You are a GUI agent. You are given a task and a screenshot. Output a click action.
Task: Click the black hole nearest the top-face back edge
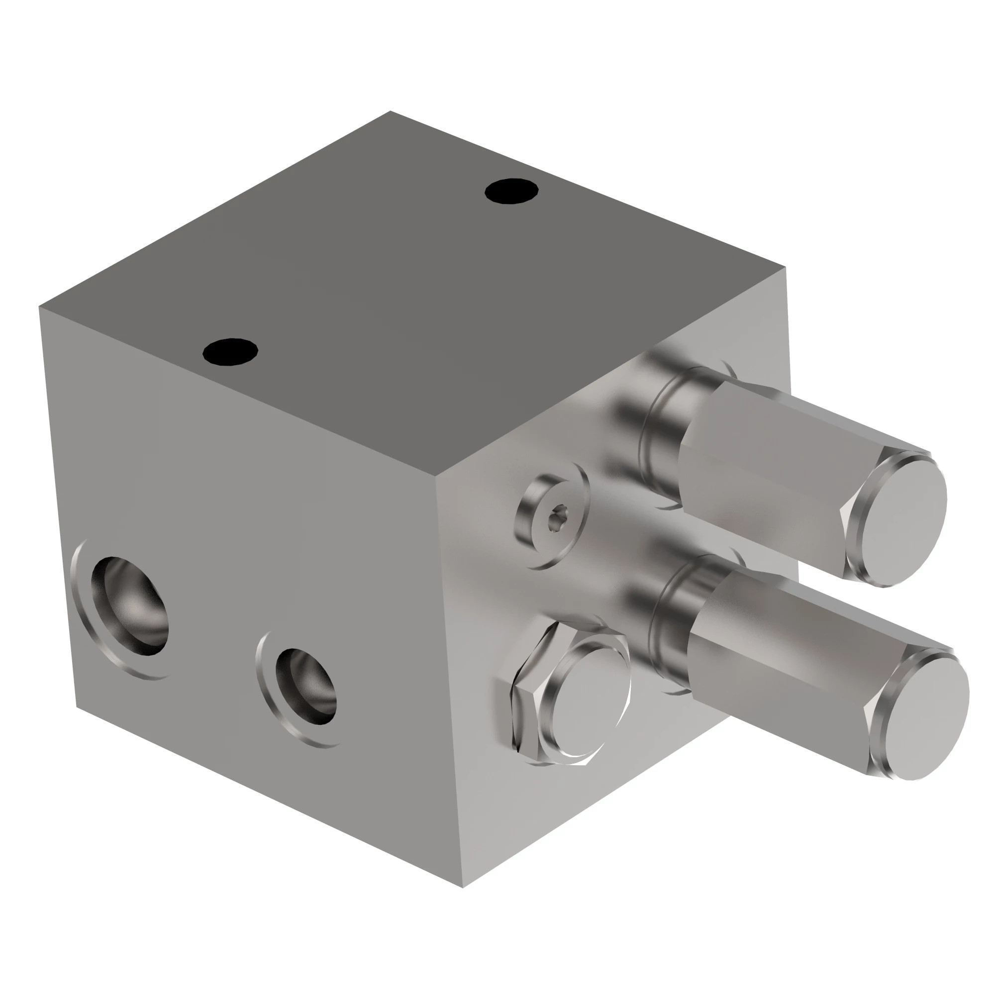tap(511, 191)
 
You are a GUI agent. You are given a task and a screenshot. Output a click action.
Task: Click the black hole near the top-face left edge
tap(230, 352)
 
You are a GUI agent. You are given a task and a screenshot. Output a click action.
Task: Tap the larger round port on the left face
tap(130, 605)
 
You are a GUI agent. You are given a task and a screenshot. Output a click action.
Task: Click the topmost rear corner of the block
tap(391, 111)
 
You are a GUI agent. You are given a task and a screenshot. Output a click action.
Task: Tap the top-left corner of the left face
tap(39, 307)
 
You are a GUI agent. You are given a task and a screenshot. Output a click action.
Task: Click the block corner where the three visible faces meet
tap(437, 477)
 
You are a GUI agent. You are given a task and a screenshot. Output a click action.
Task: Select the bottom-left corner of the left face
tap(76, 706)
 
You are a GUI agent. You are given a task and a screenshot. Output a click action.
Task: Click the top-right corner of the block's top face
tap(785, 268)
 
